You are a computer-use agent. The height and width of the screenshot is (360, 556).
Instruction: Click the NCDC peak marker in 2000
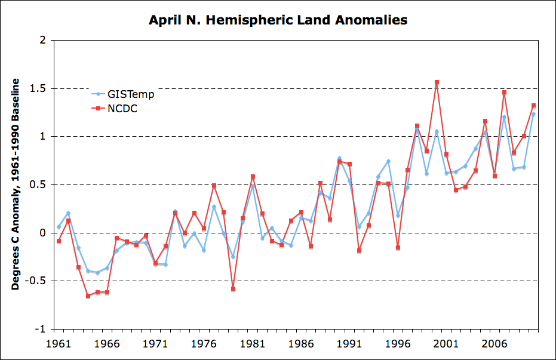coord(437,82)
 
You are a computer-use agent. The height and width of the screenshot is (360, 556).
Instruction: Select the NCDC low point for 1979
coord(233,289)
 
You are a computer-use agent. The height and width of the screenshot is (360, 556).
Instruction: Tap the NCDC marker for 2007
coord(504,93)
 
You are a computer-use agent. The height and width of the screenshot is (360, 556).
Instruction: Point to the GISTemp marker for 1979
coord(233,257)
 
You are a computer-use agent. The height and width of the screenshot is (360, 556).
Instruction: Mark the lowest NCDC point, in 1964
coord(88,296)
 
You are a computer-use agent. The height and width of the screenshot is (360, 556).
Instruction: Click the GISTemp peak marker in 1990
coord(339,158)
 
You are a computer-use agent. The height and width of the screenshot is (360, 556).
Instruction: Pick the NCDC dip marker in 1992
coord(359,250)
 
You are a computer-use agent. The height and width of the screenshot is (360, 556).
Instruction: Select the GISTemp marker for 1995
coord(388,161)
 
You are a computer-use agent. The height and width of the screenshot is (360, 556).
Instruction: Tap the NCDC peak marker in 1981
coord(253,177)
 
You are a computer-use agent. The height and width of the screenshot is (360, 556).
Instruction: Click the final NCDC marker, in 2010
coord(533,106)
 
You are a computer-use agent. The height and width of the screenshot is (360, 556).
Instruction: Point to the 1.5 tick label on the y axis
coord(39,88)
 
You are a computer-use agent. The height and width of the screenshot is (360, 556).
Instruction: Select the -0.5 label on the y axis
coord(37,281)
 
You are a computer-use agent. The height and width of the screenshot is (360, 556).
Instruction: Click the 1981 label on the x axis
coord(252,344)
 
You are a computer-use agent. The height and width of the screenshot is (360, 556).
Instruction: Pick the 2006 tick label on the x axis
coord(494,344)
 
